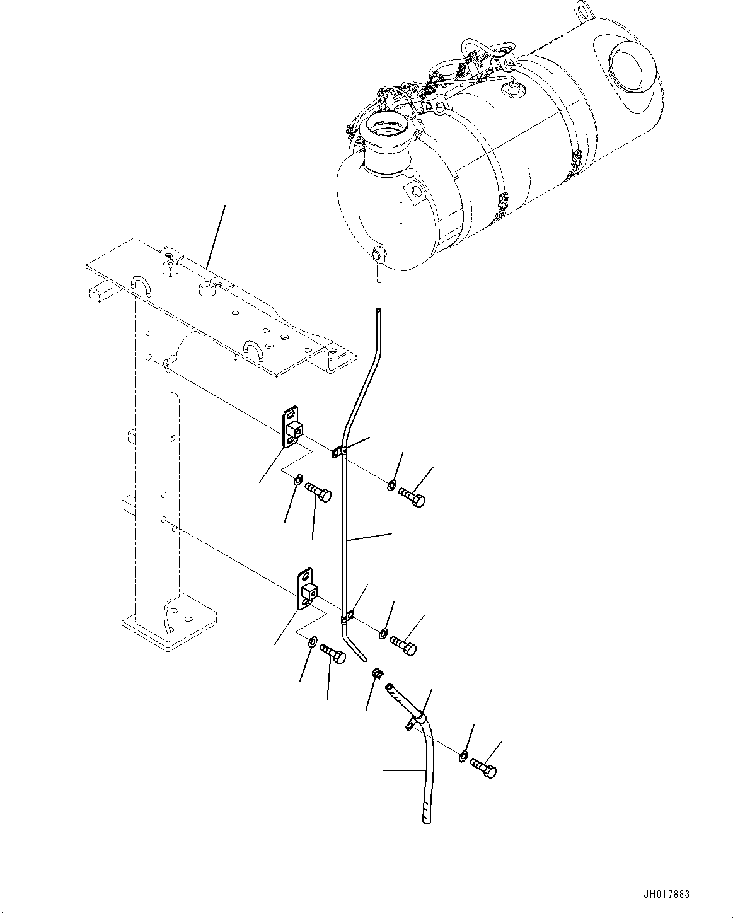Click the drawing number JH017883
tap(667, 895)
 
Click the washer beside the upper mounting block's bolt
tap(297, 482)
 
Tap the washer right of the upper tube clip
tap(391, 485)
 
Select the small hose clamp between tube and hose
tap(376, 674)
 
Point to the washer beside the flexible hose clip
tap(463, 755)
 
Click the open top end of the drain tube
tap(378, 311)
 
